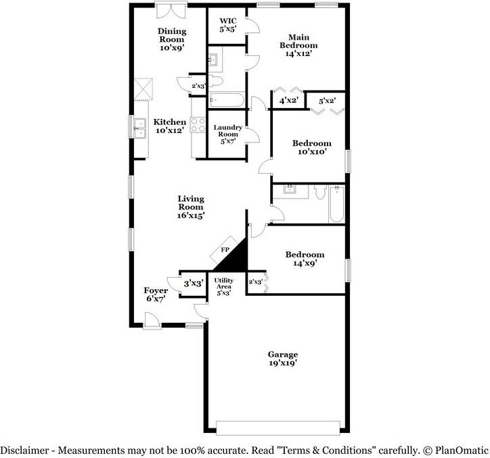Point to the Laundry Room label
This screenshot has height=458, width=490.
pos(227,134)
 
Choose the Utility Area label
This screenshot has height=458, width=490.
pos(224,286)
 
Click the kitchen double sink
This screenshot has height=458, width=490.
pos(140,127)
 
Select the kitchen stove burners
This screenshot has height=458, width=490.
pos(198,125)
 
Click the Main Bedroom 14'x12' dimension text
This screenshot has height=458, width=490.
pos(298,54)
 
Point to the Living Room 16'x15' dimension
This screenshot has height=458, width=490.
pos(191,215)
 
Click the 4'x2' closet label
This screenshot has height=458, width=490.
pos(289,101)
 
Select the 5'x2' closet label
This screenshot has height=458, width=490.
pos(328,101)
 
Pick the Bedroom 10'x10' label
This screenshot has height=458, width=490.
pos(311,148)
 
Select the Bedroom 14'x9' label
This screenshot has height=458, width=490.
pos(304,259)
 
